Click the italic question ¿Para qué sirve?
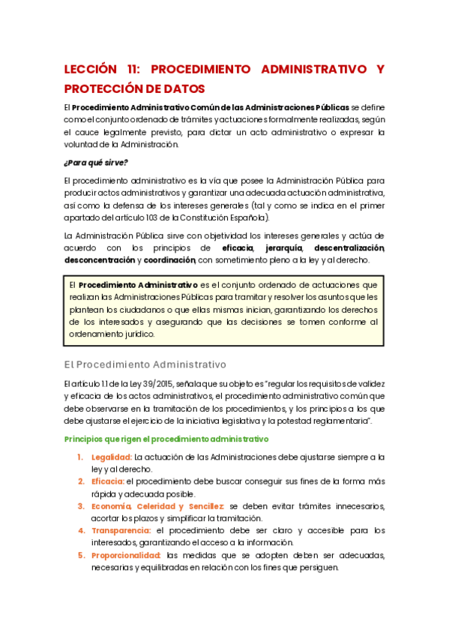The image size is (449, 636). point(96,162)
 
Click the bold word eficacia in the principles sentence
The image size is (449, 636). point(238,247)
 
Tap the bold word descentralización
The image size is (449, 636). point(349,247)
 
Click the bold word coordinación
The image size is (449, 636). point(169,260)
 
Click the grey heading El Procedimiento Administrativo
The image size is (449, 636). point(145,364)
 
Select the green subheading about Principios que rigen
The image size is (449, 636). point(166,439)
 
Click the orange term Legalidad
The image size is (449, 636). point(112,457)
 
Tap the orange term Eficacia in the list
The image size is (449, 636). point(108,481)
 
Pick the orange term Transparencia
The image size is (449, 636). point(122,530)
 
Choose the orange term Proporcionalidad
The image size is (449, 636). point(126,555)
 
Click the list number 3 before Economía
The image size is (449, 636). point(81,505)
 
